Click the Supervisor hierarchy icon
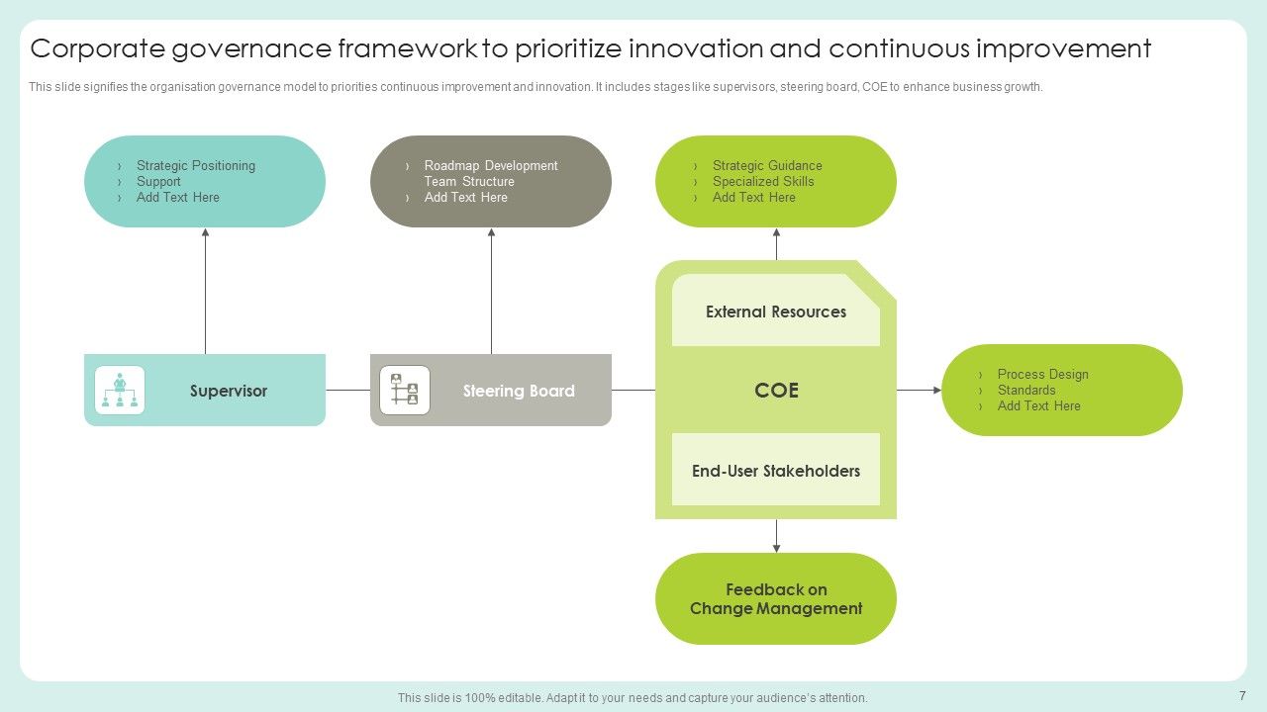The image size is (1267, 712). coord(120,390)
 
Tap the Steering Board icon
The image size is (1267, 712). coord(405,390)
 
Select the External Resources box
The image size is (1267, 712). coord(776,311)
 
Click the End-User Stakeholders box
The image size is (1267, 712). coord(776,471)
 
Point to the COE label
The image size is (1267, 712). coord(776,391)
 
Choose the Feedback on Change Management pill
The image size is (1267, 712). coord(776,599)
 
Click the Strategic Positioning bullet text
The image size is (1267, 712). coord(195,166)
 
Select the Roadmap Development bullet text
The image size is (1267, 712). coord(491,166)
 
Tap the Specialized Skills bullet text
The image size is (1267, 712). coord(763,182)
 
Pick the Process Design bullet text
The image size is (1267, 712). coord(1042,375)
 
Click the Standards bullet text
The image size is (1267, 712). coord(1026,391)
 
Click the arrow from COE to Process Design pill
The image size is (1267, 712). coord(919,391)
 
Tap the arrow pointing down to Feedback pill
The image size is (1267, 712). coord(776,535)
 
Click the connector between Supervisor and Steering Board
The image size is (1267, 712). coord(347,391)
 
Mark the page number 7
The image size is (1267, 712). coord(1242,696)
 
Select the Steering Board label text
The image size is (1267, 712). coord(519,391)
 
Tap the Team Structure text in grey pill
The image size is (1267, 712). coord(469,182)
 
